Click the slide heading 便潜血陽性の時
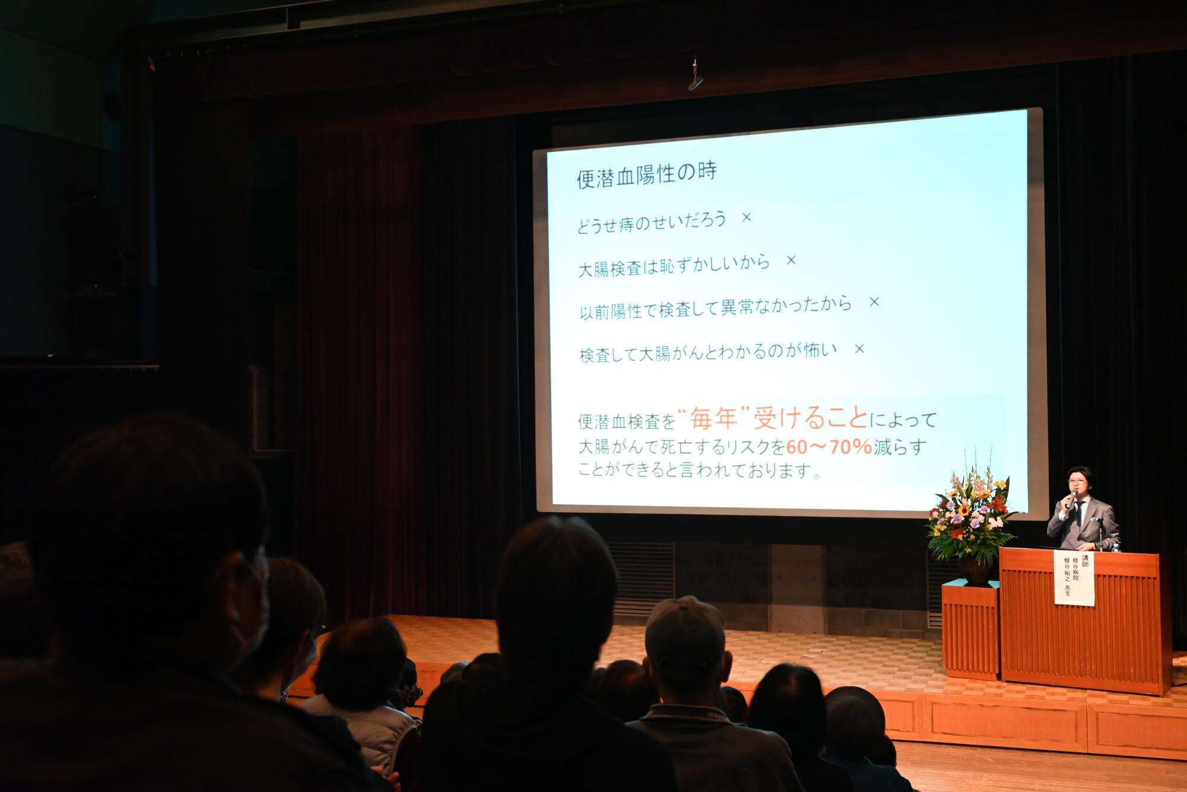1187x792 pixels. [647, 174]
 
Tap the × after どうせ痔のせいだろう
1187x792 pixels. [747, 217]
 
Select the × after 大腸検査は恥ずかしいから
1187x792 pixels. [791, 260]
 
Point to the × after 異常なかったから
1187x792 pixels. [874, 301]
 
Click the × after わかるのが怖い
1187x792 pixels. [859, 348]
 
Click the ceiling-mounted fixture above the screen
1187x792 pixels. [696, 78]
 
